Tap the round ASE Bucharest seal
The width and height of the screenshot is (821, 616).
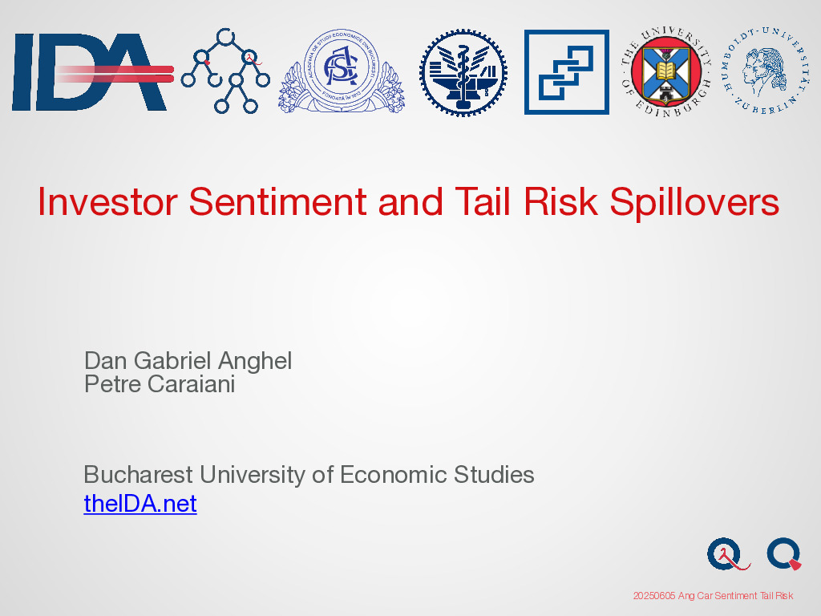342,71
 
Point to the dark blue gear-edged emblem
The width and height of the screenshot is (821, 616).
463,72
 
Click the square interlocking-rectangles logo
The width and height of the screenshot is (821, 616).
567,71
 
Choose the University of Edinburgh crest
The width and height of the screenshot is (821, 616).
666,71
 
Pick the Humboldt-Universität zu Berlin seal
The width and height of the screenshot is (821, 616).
765,71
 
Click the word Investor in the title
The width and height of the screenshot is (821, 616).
107,201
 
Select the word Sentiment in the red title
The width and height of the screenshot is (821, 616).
277,201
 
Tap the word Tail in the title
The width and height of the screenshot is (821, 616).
482,201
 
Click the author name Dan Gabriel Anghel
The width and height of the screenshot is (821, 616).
188,361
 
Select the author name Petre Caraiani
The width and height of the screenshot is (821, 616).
160,384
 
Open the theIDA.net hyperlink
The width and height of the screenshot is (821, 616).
140,504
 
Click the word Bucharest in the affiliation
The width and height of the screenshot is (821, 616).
138,475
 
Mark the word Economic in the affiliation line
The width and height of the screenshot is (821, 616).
393,475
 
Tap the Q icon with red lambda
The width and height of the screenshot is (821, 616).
728,554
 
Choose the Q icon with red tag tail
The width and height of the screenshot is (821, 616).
784,553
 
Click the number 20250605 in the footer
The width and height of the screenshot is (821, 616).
654,596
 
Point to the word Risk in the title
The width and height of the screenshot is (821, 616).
560,201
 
